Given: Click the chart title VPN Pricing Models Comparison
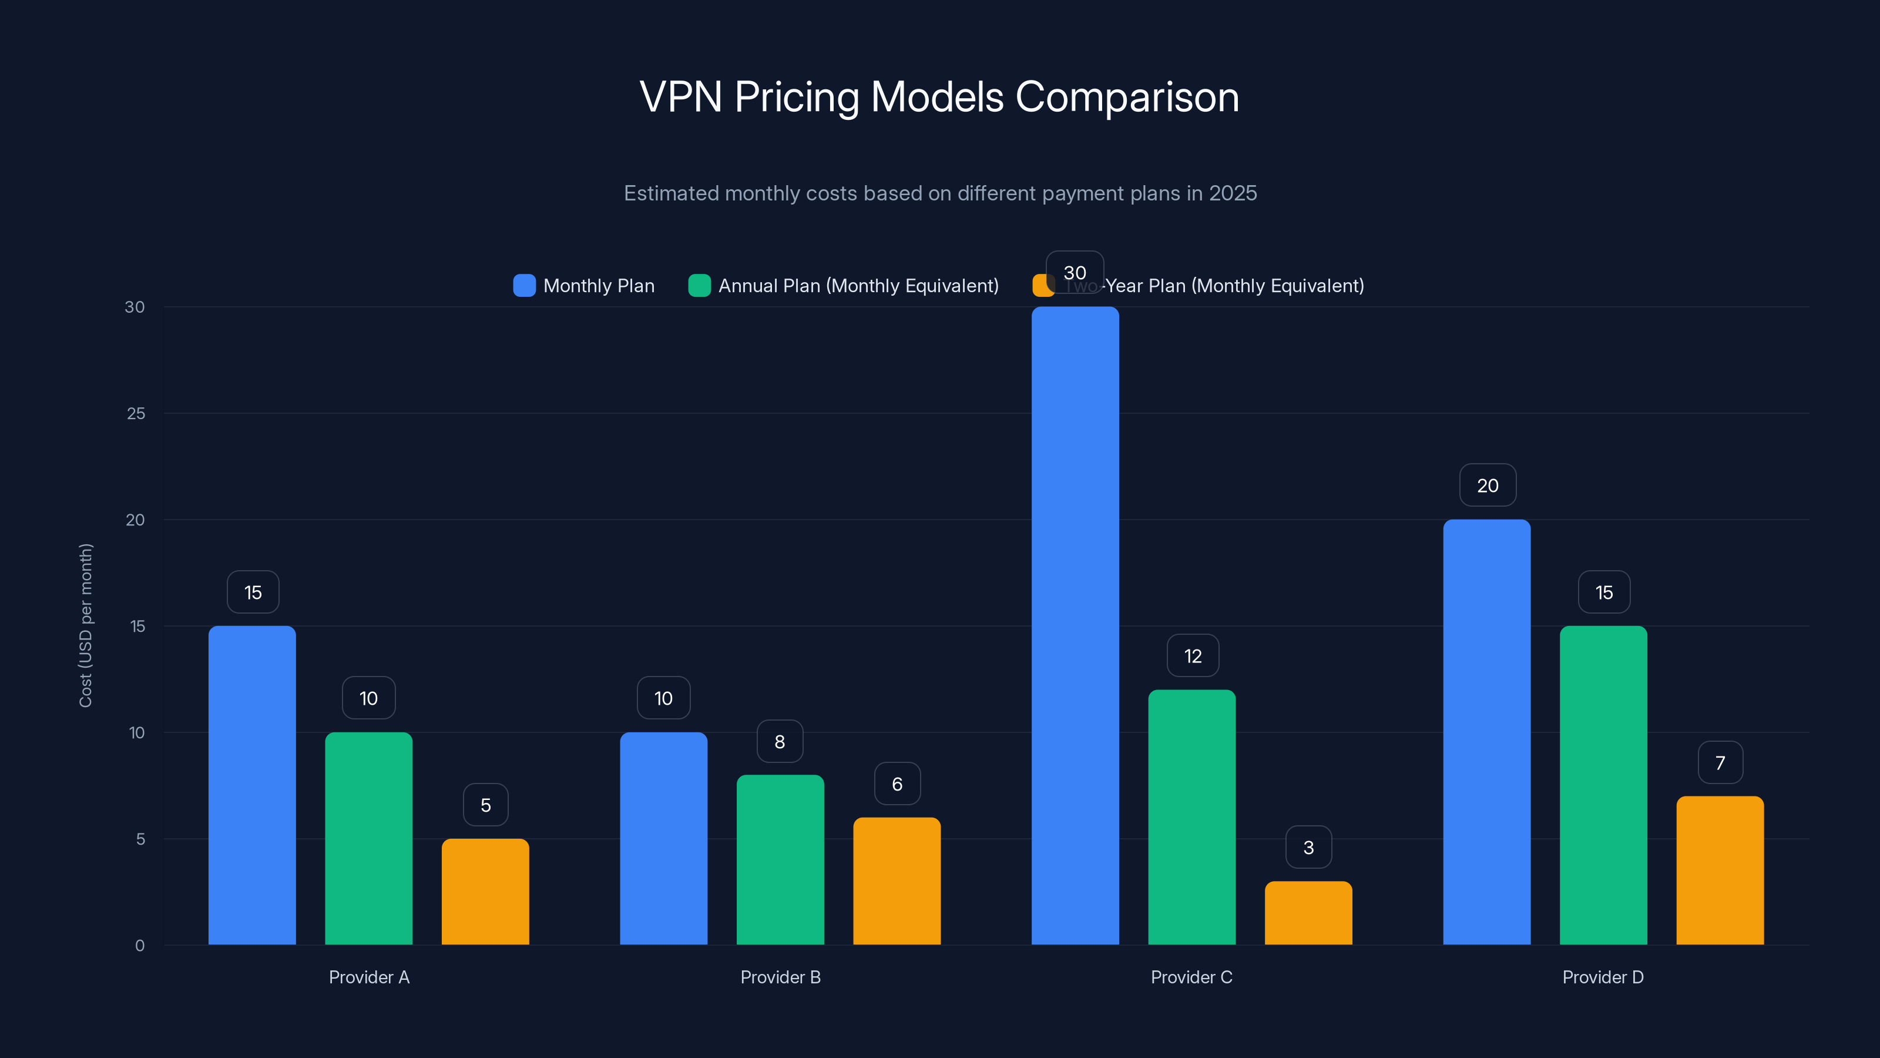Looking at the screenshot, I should pyautogui.click(x=939, y=97).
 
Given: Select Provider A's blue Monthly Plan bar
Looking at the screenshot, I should pyautogui.click(x=252, y=785).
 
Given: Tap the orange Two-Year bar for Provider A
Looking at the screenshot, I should pyautogui.click(x=485, y=892).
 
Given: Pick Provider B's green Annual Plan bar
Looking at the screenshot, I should pyautogui.click(x=780, y=859).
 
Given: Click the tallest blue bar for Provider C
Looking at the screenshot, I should pyautogui.click(x=1075, y=626).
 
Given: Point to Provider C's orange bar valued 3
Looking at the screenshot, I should pyautogui.click(x=1308, y=913).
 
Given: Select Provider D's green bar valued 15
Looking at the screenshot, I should pyautogui.click(x=1603, y=785).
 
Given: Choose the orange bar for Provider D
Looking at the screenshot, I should pyautogui.click(x=1720, y=870).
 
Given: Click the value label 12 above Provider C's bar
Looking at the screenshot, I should pyautogui.click(x=1193, y=656).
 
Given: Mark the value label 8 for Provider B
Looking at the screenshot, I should pyautogui.click(x=780, y=741).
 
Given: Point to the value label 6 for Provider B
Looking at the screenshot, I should pyautogui.click(x=897, y=784).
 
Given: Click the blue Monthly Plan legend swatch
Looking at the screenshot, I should pyautogui.click(x=524, y=286).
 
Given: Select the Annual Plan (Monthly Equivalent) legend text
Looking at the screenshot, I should pyautogui.click(x=858, y=286).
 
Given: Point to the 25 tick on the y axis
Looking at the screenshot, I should pyautogui.click(x=136, y=413).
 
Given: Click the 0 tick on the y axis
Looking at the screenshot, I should pyautogui.click(x=139, y=946).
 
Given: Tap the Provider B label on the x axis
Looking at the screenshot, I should pyautogui.click(x=780, y=977).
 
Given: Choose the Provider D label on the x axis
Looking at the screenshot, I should pyautogui.click(x=1603, y=977).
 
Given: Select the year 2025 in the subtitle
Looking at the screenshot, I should pyautogui.click(x=1233, y=193).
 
